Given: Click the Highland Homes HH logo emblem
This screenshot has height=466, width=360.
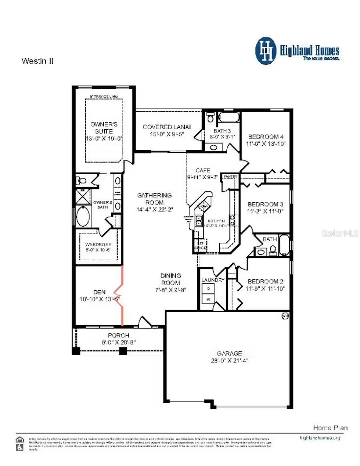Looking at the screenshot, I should pyautogui.click(x=266, y=51).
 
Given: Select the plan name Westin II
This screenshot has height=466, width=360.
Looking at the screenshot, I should pyautogui.click(x=37, y=61).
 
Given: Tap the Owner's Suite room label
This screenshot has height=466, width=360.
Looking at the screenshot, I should pyautogui.click(x=104, y=128).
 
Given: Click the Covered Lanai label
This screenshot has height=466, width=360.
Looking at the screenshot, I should pyautogui.click(x=167, y=127).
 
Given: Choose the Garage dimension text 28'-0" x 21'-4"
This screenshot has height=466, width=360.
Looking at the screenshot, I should pyautogui.click(x=229, y=360).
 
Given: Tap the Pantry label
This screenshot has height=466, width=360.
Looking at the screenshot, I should pyautogui.click(x=230, y=177).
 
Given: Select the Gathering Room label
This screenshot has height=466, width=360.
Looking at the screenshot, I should pyautogui.click(x=154, y=199).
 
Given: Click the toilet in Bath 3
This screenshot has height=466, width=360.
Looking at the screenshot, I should pyautogui.click(x=210, y=118).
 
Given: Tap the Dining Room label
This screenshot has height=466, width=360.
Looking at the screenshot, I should pyautogui.click(x=171, y=279).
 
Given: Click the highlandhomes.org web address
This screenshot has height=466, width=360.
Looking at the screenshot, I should pyautogui.click(x=320, y=438).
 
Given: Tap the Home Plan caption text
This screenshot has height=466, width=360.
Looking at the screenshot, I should pyautogui.click(x=330, y=428).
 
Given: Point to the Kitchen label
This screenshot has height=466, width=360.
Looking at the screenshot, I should pyautogui.click(x=216, y=221).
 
